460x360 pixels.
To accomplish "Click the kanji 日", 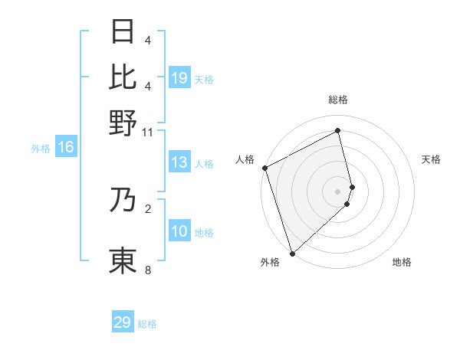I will tap(123, 32).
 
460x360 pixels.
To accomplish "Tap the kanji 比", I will tap(123, 77).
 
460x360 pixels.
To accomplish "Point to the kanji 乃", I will tap(123, 199).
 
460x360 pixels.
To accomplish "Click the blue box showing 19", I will tap(179, 78).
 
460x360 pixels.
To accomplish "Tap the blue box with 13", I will tap(179, 162).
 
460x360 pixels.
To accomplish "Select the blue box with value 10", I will tap(179, 231).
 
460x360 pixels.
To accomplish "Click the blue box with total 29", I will tap(123, 322).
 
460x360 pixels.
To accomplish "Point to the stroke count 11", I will tap(148, 132).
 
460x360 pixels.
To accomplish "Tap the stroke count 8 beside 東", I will tap(148, 270).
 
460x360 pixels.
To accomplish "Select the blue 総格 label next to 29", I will tap(147, 324).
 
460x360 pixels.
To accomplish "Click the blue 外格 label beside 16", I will tap(40, 149).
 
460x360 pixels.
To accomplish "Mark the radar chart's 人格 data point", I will tap(264, 168).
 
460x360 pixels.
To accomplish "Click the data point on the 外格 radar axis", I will tap(292, 253).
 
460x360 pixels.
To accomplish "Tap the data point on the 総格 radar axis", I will tap(338, 130).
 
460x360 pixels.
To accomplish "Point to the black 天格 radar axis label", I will tap(431, 159).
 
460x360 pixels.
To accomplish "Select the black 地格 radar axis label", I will tap(402, 262).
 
